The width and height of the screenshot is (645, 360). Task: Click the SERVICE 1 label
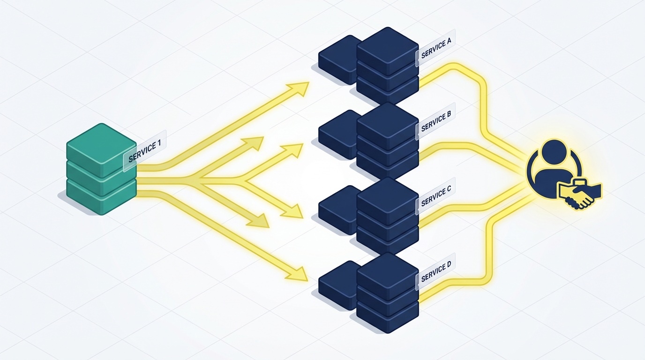click(x=144, y=150)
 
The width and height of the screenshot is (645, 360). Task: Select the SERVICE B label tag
click(x=436, y=121)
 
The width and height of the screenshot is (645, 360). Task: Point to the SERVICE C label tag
click(x=436, y=196)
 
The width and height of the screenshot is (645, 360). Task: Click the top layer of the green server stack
click(x=101, y=143)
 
